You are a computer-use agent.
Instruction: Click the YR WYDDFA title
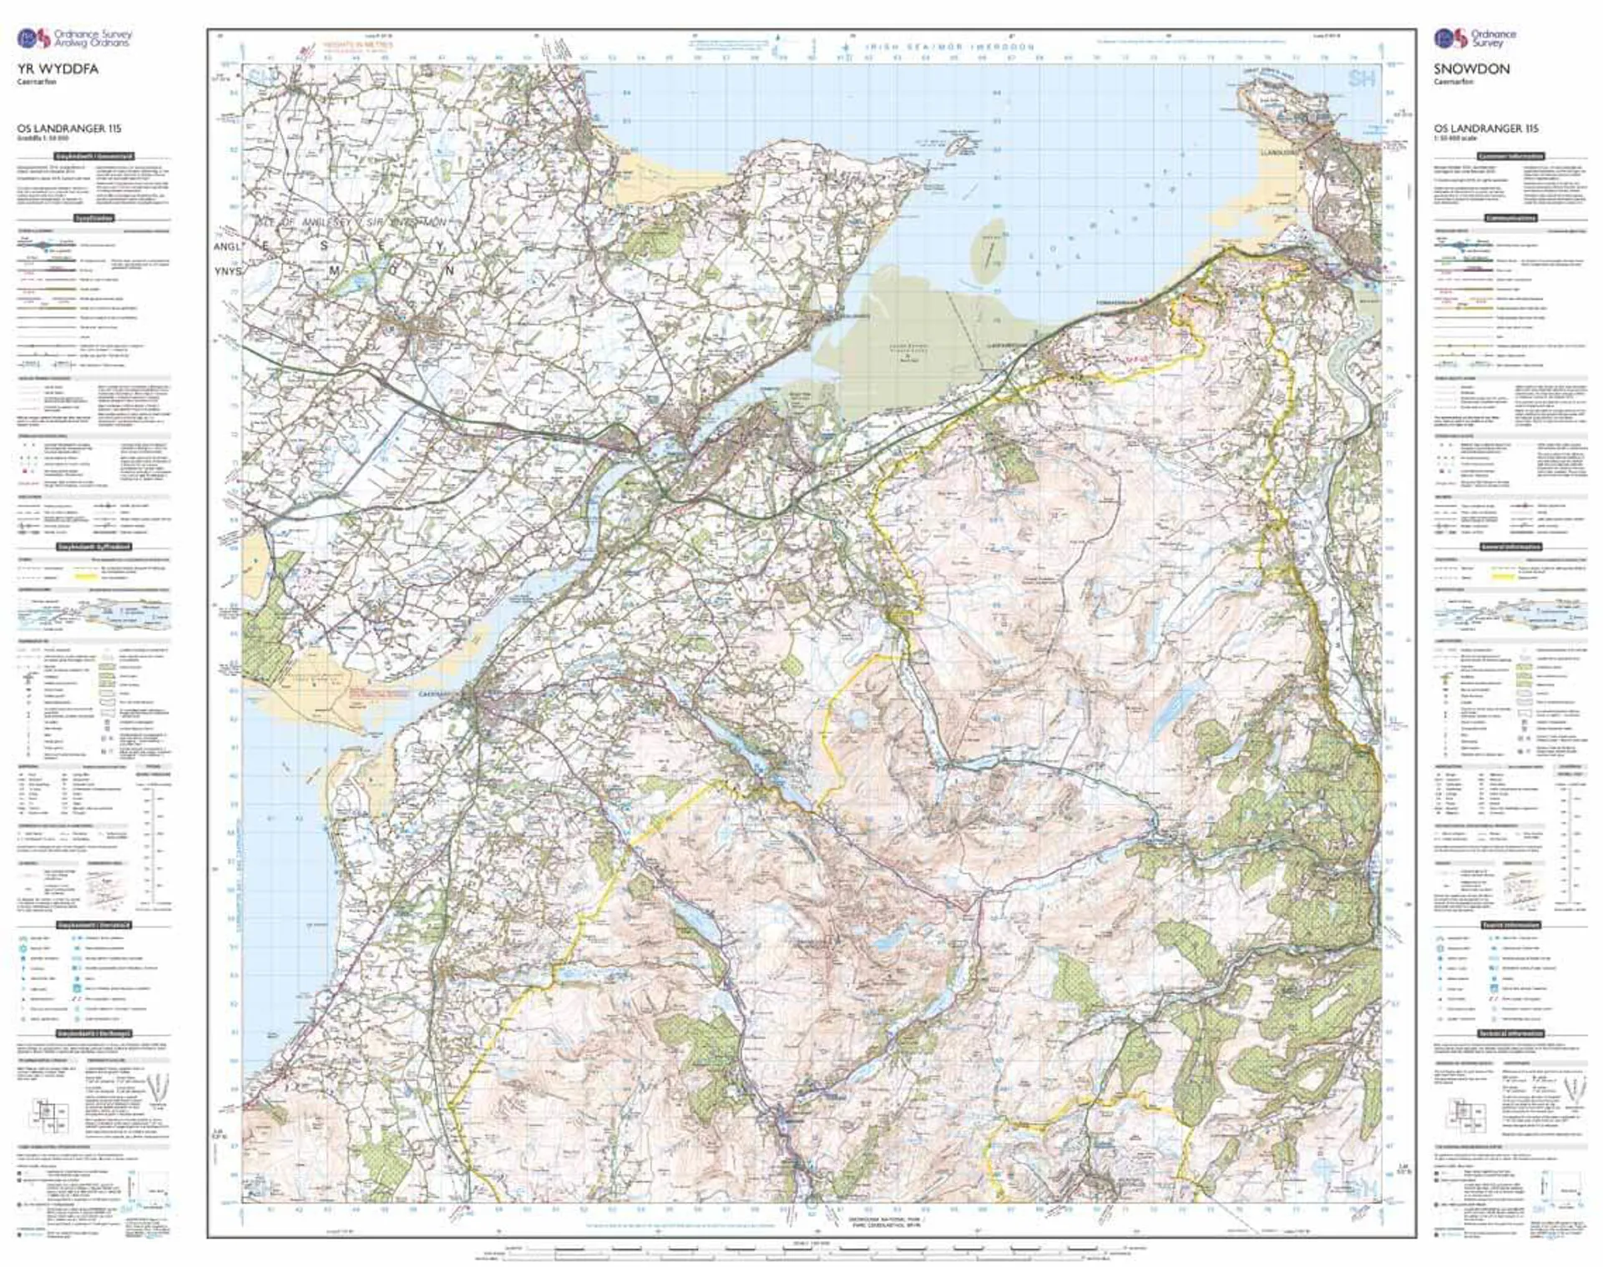(x=58, y=69)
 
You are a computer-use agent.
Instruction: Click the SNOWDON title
(x=1472, y=69)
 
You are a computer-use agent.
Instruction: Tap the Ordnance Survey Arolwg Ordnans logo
(x=75, y=38)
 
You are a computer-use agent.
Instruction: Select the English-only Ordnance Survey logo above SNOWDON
(x=1474, y=38)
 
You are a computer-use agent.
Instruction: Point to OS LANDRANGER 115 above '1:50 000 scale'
(x=1486, y=129)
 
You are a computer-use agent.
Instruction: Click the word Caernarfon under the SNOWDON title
(x=1451, y=82)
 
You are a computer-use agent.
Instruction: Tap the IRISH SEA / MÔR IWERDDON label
(x=949, y=48)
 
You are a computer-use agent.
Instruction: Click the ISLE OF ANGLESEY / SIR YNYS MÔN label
(x=351, y=223)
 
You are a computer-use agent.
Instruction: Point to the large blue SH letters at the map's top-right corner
(x=1361, y=79)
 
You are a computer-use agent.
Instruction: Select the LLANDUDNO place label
(x=1282, y=154)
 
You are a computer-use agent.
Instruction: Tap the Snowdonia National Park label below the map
(x=883, y=1220)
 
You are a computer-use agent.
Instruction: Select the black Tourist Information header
(x=1511, y=925)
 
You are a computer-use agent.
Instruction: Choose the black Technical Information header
(x=1511, y=1033)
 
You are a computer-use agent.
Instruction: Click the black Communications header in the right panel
(x=1511, y=218)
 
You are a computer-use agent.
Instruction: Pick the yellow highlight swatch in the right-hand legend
(x=1503, y=576)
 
